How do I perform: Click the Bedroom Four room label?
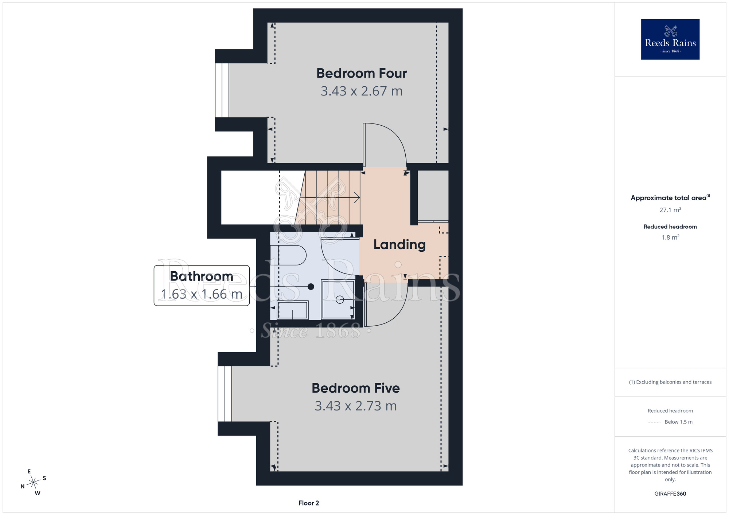click(x=362, y=73)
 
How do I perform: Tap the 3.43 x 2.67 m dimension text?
click(x=362, y=91)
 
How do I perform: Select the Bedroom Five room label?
click(x=356, y=388)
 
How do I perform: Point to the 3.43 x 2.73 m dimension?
click(x=356, y=406)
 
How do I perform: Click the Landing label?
click(x=399, y=244)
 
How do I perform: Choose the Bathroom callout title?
click(x=202, y=276)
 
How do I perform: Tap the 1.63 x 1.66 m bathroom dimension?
click(x=202, y=294)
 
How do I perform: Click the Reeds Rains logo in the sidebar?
click(x=670, y=39)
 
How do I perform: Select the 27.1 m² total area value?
click(x=670, y=210)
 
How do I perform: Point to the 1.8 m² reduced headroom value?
click(x=670, y=237)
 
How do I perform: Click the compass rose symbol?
click(x=34, y=483)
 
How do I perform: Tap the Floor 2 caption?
click(x=309, y=503)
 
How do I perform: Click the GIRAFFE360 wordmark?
click(x=670, y=494)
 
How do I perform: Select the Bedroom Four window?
click(x=222, y=90)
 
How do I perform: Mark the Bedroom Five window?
click(x=225, y=394)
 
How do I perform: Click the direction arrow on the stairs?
click(x=330, y=198)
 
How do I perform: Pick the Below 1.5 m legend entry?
click(x=670, y=422)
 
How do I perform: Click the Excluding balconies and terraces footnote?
click(x=670, y=382)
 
